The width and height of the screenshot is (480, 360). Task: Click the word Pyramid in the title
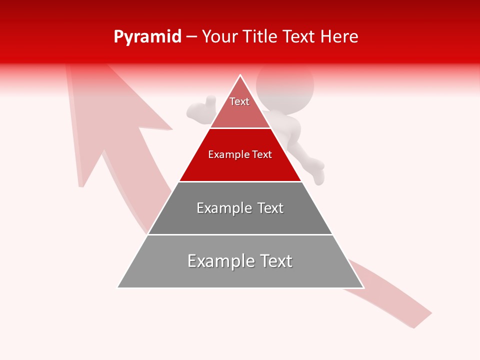(x=147, y=37)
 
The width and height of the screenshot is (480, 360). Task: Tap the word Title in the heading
(x=262, y=37)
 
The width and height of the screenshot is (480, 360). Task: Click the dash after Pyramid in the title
(x=191, y=37)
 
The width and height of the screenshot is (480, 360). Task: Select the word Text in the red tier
(x=262, y=154)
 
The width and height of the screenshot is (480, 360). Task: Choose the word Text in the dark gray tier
(x=270, y=208)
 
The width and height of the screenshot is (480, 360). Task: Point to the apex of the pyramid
(x=240, y=76)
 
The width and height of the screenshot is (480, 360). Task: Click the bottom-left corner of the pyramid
(x=118, y=287)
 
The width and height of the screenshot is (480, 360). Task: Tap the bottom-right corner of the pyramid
(x=363, y=287)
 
